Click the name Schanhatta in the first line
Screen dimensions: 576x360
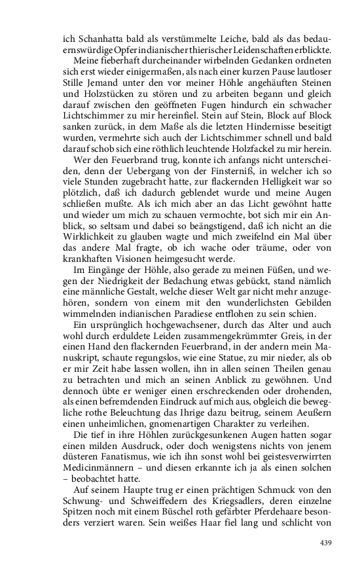[x=88, y=41]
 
